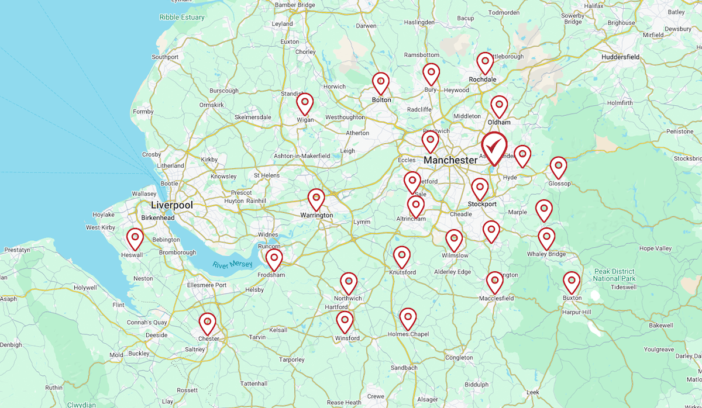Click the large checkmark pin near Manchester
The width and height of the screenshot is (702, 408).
494,145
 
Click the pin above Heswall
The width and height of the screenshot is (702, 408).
135,238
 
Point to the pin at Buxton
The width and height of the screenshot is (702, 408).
572,281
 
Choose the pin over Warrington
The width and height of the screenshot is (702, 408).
316,199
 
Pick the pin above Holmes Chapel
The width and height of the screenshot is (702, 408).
408,317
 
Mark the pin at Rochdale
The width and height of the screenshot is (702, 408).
485,62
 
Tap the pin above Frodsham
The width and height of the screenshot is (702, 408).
274,258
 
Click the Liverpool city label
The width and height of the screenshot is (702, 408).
172,205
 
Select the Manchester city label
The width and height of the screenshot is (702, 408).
450,160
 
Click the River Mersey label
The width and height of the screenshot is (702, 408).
233,265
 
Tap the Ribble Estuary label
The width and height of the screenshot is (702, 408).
182,18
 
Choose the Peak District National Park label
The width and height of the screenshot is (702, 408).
614,275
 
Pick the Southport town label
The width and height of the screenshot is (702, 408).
165,57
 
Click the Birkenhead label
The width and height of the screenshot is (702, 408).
158,218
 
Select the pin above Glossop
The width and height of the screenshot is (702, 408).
559,167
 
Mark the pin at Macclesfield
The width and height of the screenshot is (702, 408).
495,281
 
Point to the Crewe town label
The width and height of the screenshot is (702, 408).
376,396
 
